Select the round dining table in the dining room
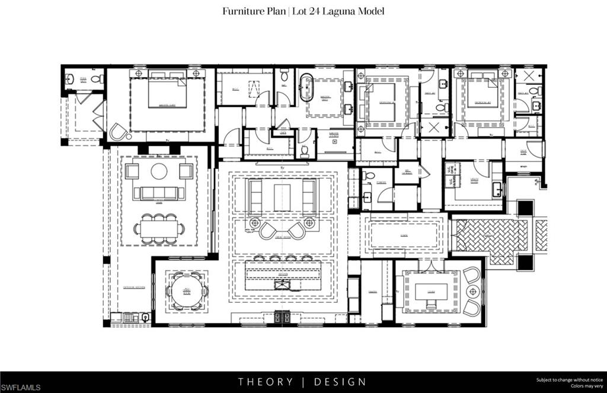tap(187, 291)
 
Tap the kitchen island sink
tap(283, 286)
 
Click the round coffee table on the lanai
tap(159, 171)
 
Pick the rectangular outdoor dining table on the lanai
tap(159, 229)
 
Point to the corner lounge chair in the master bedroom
tap(119, 132)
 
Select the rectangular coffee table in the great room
tap(282, 197)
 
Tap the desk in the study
tap(430, 293)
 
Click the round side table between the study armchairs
tap(473, 291)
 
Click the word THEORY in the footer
tap(266, 382)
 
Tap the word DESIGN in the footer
tap(340, 382)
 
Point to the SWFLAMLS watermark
tap(21, 387)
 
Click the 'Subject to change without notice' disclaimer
tap(569, 379)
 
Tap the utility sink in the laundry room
tap(497, 190)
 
